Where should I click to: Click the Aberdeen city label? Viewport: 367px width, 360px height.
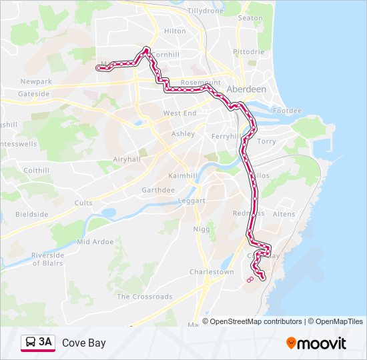coord(246,89)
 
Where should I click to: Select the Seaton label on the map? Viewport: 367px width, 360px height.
coord(250,18)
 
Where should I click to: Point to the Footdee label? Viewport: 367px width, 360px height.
coord(287,111)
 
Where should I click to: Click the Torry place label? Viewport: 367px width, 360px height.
coord(266,141)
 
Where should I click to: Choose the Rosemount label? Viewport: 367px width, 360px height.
coord(200,83)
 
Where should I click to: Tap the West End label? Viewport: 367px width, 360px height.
coord(179,113)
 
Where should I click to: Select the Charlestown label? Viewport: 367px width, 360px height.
coord(212,272)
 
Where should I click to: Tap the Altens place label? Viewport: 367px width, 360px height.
coord(284,214)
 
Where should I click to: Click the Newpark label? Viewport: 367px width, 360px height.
coord(36,81)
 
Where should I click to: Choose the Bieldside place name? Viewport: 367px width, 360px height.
coord(32,215)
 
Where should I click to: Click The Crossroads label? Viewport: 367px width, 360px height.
coord(144,297)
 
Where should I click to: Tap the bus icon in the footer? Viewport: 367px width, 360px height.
coord(30,343)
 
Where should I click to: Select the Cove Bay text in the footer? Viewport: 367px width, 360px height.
coord(83,343)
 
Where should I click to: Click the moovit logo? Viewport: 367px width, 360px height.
coord(316,343)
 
